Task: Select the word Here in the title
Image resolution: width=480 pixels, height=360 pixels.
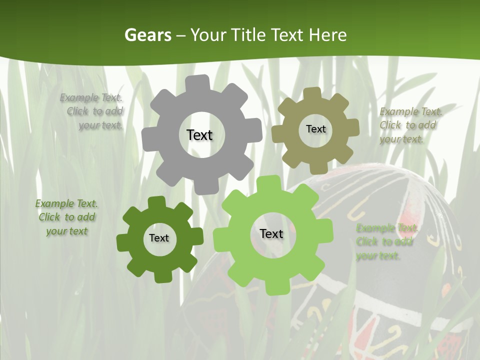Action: click(327, 35)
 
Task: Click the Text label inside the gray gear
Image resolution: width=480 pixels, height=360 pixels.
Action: click(199, 135)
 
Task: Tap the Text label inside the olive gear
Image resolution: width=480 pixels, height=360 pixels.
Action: click(315, 129)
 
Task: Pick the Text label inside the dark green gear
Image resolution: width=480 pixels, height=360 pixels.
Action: click(159, 238)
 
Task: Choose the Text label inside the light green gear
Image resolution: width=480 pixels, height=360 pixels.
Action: click(271, 234)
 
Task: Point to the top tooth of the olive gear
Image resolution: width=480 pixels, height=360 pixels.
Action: click(312, 93)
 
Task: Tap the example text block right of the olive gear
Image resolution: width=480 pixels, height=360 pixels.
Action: click(410, 125)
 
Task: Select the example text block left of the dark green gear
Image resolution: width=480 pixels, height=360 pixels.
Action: click(66, 217)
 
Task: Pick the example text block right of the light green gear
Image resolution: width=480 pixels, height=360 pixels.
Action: click(386, 242)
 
